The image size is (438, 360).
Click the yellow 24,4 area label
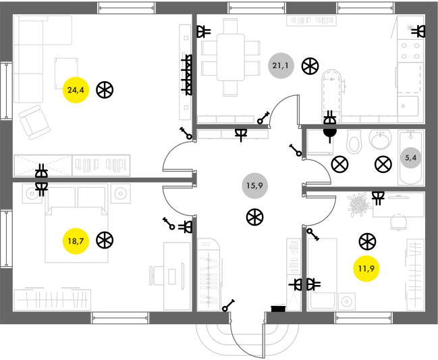pyautogui.click(x=76, y=90)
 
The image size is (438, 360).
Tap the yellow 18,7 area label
pyautogui.click(x=76, y=241)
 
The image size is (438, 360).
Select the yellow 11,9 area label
pyautogui.click(x=366, y=269)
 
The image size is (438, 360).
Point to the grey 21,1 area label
pyautogui.click(x=281, y=66)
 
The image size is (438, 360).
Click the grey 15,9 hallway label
pyautogui.click(x=254, y=186)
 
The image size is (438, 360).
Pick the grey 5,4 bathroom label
pyautogui.click(x=410, y=158)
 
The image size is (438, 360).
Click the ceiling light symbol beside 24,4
pyautogui.click(x=105, y=90)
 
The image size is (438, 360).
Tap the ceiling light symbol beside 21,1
pyautogui.click(x=310, y=66)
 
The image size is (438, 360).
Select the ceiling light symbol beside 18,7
pyautogui.click(x=105, y=240)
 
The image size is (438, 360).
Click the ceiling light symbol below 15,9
pyautogui.click(x=255, y=217)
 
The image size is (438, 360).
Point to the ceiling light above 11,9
pyautogui.click(x=367, y=242)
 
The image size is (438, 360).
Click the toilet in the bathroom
pyautogui.click(x=354, y=142)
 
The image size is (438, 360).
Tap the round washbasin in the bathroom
pyautogui.click(x=380, y=139)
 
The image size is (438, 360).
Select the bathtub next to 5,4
pyautogui.click(x=410, y=158)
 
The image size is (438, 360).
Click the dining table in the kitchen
pyautogui.click(x=231, y=57)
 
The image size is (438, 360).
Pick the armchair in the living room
pyautogui.click(x=34, y=122)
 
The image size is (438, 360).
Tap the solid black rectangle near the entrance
pyautogui.click(x=279, y=309)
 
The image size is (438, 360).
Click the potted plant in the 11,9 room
pyautogui.click(x=359, y=205)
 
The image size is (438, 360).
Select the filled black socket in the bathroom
pyautogui.click(x=330, y=134)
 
